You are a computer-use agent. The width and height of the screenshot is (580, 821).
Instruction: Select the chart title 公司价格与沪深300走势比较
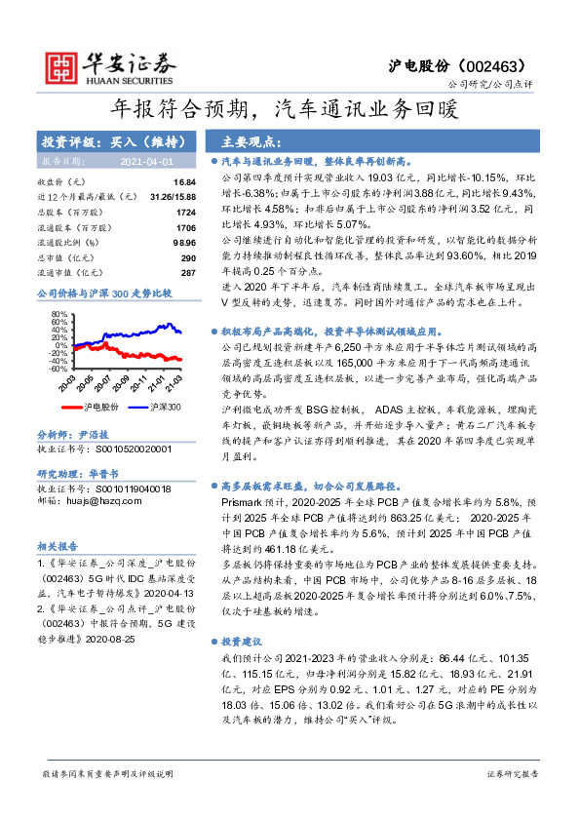[x=103, y=293]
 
